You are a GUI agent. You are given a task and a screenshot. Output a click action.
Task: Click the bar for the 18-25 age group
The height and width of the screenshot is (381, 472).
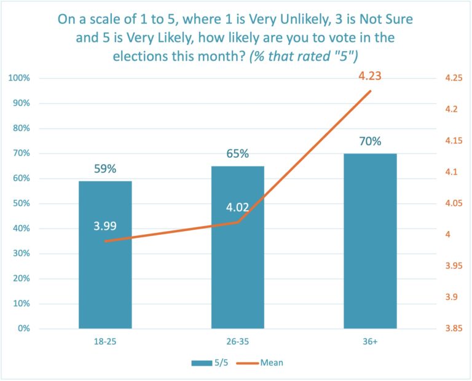tap(105, 277)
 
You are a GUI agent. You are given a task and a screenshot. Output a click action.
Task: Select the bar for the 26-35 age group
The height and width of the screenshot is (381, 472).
tap(238, 277)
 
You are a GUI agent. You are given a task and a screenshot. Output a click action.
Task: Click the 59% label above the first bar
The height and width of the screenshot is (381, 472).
tap(104, 169)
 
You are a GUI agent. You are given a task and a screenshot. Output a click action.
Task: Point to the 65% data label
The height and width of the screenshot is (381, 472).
tap(237, 154)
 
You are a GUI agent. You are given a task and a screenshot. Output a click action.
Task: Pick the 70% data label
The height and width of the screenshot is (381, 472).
tap(370, 141)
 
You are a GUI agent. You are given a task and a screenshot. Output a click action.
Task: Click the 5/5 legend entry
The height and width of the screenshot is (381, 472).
tap(210, 363)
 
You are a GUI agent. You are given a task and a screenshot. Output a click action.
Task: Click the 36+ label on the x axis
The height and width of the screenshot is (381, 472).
tap(370, 341)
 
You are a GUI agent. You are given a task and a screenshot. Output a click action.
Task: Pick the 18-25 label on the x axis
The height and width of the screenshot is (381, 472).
tap(105, 341)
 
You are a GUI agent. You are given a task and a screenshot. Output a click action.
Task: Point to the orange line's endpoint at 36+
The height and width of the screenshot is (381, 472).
tap(370, 91)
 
